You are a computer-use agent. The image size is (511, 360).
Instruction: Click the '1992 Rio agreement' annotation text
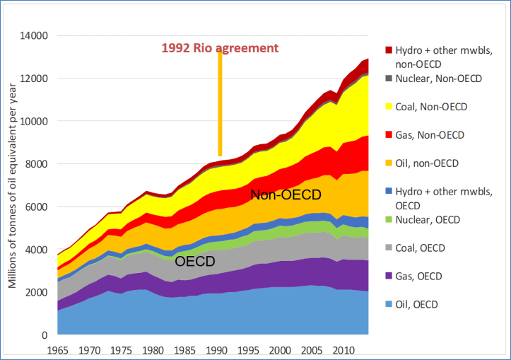(220, 48)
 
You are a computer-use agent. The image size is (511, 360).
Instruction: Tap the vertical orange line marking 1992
(220, 106)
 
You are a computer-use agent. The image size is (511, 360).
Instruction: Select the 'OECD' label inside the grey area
(196, 261)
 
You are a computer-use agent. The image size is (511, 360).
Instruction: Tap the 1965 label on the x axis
(57, 349)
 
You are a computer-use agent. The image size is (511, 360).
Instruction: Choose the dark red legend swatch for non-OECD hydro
(387, 50)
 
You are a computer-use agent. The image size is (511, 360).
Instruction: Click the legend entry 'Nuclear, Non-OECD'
(438, 79)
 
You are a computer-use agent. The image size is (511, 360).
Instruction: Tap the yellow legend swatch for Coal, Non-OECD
(387, 107)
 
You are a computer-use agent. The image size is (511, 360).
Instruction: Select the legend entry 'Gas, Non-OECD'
(430, 134)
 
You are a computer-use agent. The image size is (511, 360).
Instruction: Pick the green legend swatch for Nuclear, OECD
(387, 220)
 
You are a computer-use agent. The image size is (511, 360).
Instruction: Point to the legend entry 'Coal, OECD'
(422, 248)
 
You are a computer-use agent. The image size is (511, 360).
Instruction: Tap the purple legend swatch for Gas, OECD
(387, 277)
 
